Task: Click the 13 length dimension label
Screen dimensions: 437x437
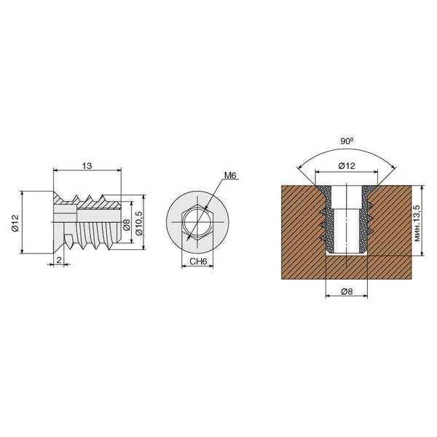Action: [x=87, y=166]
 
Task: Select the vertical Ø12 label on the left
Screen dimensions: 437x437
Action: [x=15, y=223]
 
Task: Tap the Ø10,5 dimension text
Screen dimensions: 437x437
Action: [x=139, y=223]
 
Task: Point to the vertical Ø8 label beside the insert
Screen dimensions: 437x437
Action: [x=127, y=224]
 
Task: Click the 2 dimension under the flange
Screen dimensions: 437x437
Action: [x=59, y=260]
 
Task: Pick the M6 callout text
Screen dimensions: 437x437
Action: [x=230, y=176]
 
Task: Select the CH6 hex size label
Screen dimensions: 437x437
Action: [x=198, y=261]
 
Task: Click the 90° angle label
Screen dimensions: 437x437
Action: [x=347, y=141]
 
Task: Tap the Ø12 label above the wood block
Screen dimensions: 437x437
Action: [x=347, y=166]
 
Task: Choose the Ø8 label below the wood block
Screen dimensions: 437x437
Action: [x=347, y=291]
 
